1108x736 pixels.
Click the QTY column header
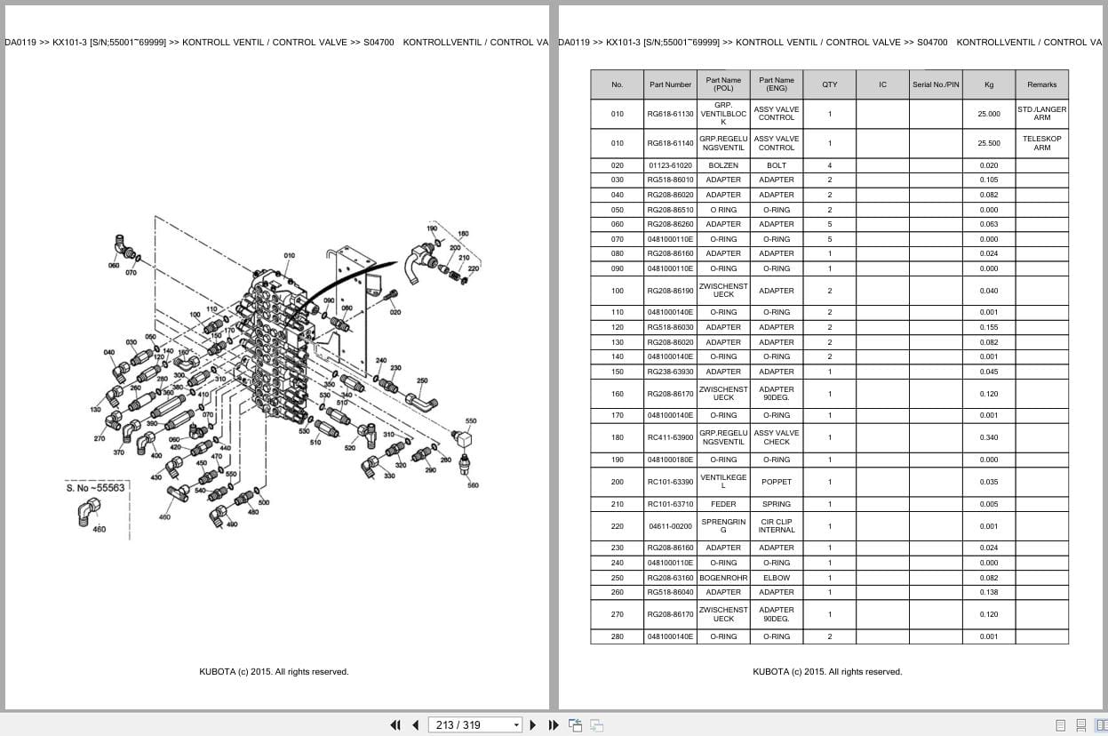(829, 84)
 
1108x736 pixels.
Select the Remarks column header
(1041, 84)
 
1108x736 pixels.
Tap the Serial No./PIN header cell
(936, 84)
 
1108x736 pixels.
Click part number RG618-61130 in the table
(670, 114)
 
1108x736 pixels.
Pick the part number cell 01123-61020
(670, 165)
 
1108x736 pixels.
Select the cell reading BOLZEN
(723, 165)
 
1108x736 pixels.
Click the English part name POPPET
(776, 482)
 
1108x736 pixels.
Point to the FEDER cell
(723, 504)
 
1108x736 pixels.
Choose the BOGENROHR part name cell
(723, 578)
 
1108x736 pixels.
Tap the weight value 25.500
(988, 143)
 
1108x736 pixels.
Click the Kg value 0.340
(988, 437)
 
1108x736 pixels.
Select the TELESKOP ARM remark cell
(1041, 143)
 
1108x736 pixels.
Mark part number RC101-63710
(670, 504)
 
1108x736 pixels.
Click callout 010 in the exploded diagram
(289, 256)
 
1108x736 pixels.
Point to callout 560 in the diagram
(473, 485)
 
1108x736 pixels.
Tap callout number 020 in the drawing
(395, 312)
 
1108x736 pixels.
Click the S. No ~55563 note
(95, 487)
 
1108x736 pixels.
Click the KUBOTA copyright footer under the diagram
(274, 672)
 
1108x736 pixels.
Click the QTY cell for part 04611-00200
(829, 526)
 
